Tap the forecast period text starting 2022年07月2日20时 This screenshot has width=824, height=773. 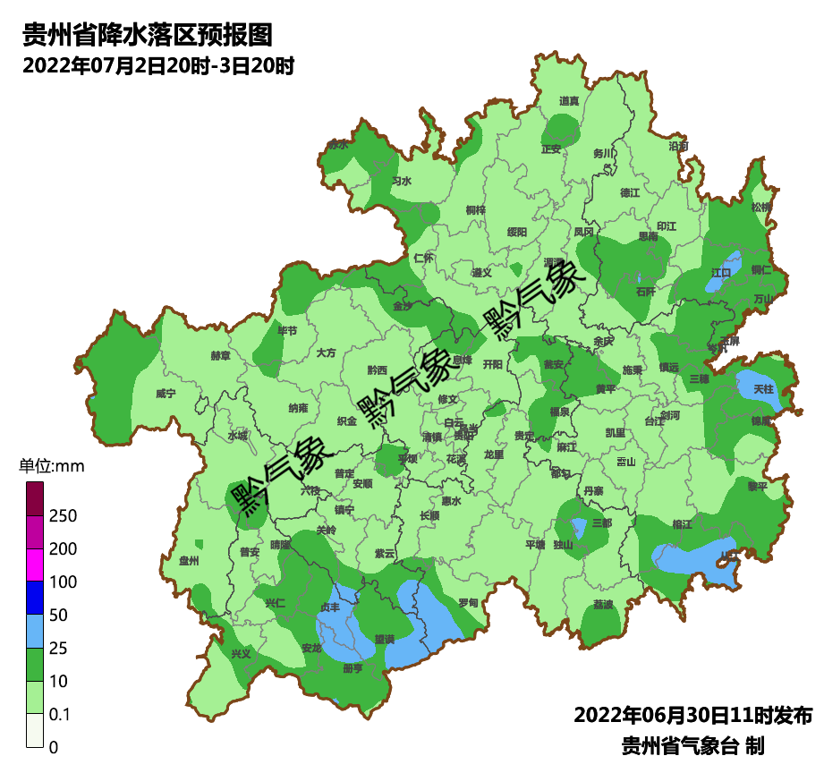click(158, 66)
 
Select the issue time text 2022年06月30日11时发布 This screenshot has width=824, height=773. click(692, 715)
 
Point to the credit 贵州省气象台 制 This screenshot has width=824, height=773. click(692, 745)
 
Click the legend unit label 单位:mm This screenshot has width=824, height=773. click(51, 466)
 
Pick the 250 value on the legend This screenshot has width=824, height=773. click(64, 516)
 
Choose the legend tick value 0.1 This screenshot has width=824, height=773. click(60, 714)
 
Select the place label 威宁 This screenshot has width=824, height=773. click(166, 393)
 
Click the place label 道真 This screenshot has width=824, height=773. click(569, 101)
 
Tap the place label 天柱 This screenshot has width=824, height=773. click(763, 389)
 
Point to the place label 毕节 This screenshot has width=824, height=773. click(287, 331)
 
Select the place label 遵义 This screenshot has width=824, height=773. click(482, 272)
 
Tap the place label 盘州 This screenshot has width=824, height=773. click(189, 561)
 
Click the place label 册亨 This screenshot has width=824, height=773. click(353, 667)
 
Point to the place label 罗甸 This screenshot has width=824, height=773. click(468, 603)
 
